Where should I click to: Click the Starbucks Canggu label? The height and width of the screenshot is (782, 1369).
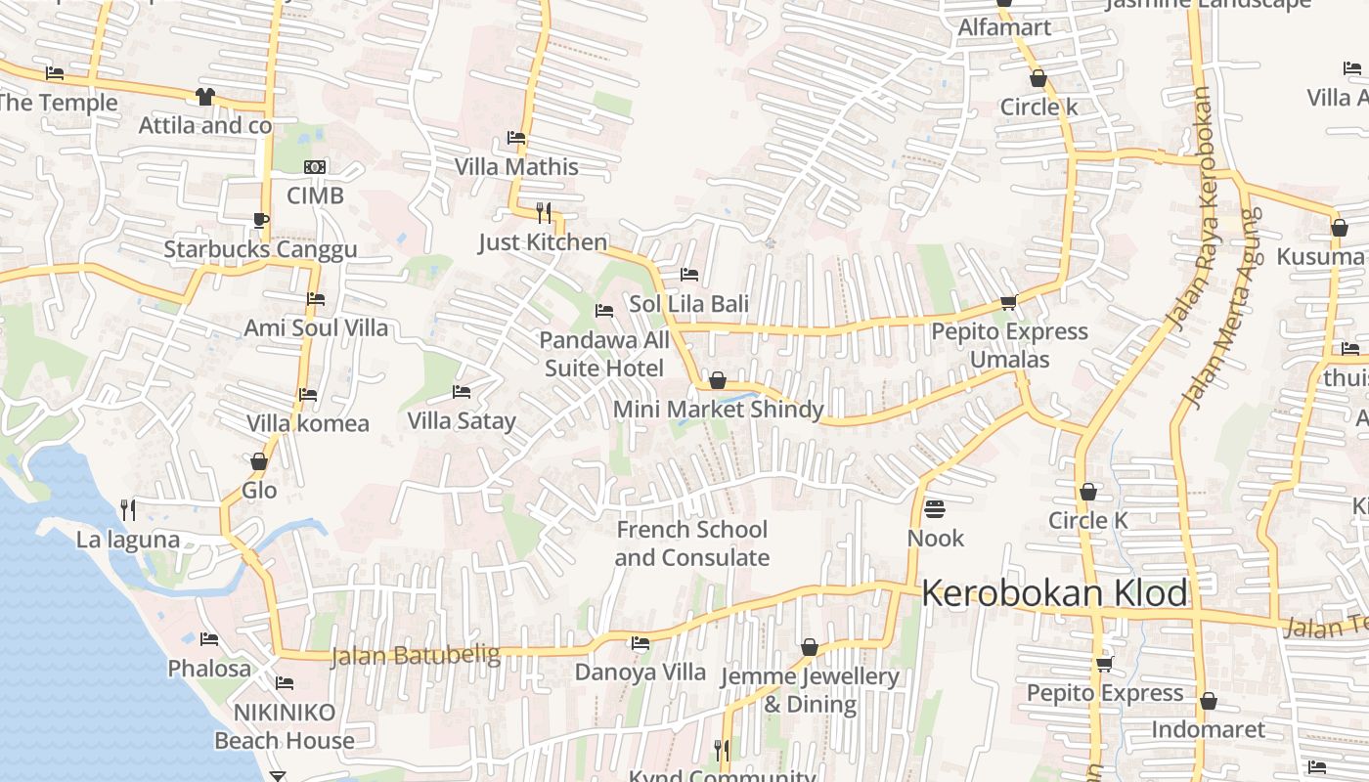[260, 249]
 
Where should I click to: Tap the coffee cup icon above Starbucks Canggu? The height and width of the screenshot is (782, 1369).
[260, 220]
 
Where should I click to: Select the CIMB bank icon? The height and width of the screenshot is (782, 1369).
[315, 167]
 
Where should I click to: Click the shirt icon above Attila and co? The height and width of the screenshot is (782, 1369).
[204, 96]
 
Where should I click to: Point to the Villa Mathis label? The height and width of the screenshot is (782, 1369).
[516, 167]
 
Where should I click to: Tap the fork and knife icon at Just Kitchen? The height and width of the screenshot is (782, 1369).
[544, 212]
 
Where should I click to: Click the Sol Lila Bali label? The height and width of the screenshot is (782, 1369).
[688, 304]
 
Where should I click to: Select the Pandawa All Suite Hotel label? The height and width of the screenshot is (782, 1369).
[604, 354]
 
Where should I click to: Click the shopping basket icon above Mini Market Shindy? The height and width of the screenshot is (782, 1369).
[718, 380]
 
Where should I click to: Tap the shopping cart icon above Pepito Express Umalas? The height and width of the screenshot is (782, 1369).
[1008, 302]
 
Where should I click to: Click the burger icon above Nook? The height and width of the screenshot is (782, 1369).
[935, 508]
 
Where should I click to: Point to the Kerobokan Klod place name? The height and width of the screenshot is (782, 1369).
[1054, 593]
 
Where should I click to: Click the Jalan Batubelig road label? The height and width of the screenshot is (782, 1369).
[416, 655]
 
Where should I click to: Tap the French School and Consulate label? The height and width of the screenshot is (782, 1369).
[691, 543]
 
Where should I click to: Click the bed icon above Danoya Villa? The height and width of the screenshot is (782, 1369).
[640, 643]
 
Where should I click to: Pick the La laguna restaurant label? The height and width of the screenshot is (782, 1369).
[128, 540]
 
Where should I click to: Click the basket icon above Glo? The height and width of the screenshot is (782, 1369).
[259, 461]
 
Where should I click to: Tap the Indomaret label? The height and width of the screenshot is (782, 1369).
[1208, 730]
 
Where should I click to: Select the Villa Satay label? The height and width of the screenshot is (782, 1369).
[462, 421]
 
